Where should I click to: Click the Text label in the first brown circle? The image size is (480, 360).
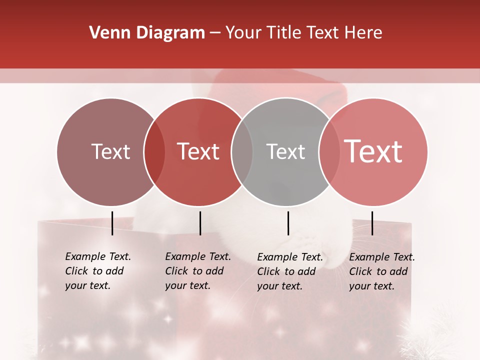(110, 151)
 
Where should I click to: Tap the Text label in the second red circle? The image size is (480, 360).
(198, 151)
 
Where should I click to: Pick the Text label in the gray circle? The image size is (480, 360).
(285, 151)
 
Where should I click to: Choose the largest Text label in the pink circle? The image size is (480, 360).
(373, 151)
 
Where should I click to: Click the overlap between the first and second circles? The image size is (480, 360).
(154, 152)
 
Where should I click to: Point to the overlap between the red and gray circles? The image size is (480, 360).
(242, 152)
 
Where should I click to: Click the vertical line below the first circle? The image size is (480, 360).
(112, 223)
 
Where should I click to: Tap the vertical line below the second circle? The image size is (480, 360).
(200, 223)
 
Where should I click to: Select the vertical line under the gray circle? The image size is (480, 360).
(288, 223)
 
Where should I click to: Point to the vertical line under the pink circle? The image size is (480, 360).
(372, 223)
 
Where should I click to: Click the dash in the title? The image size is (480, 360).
(214, 33)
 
